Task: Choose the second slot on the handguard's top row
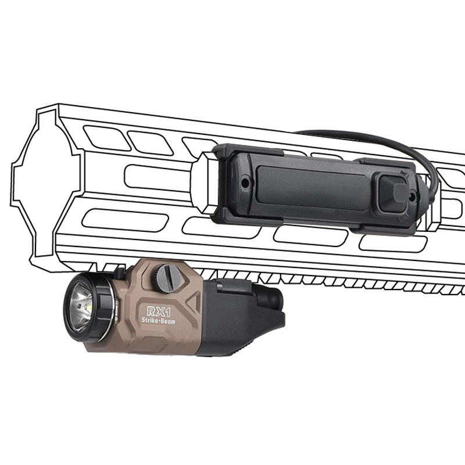pyautogui.click(x=144, y=139)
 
